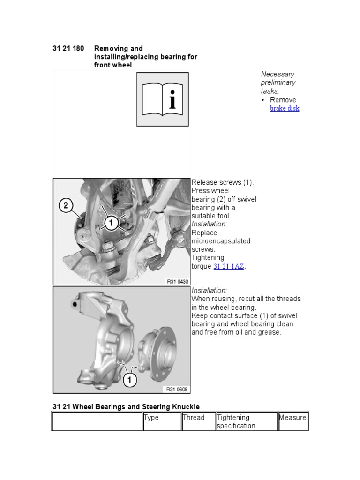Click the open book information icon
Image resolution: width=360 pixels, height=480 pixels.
(x=163, y=99)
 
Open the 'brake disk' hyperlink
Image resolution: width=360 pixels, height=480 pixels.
(x=285, y=108)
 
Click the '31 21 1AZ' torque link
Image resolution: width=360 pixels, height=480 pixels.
(x=229, y=266)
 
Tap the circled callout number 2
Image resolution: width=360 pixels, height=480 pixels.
(x=66, y=205)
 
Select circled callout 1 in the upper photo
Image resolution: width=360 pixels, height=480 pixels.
(x=111, y=223)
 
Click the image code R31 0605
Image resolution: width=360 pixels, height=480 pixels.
(x=176, y=389)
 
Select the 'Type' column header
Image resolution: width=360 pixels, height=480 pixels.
(x=151, y=418)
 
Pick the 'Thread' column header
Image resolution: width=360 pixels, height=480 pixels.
(x=194, y=418)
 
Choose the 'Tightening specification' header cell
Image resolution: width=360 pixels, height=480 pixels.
(x=236, y=421)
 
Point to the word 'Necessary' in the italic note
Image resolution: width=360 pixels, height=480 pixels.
(x=277, y=74)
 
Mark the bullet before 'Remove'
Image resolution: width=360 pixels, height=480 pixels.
(x=263, y=100)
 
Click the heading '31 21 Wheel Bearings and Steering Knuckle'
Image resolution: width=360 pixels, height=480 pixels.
(x=126, y=407)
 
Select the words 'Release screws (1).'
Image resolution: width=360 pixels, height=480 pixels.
(x=223, y=182)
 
